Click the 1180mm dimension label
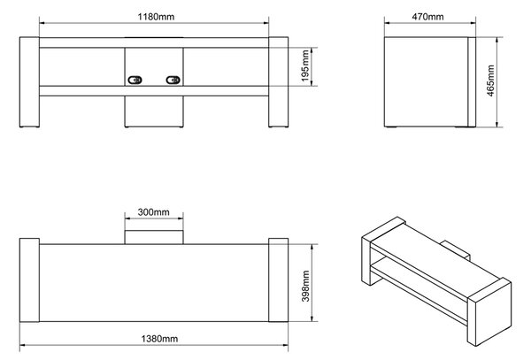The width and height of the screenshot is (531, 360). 156,17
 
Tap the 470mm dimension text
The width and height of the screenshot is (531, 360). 427,17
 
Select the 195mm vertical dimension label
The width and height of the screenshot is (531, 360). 305,65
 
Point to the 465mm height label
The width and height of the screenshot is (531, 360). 490,80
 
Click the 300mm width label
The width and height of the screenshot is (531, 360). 153,212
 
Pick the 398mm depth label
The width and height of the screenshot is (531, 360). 306,286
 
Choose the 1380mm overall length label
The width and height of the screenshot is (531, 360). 159,339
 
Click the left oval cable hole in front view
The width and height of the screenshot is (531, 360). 135,80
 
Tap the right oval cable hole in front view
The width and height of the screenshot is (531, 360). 173,80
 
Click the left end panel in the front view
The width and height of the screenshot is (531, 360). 29,82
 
